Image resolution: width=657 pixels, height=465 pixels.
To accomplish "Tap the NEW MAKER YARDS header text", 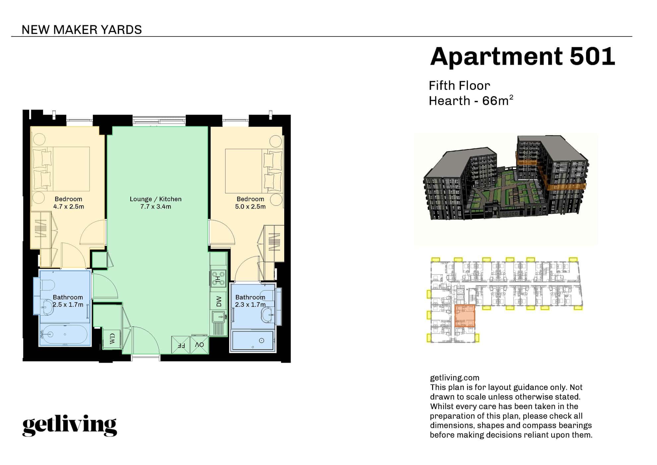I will click(x=82, y=30).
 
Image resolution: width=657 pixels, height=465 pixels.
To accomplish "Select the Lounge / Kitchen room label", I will click(x=156, y=199).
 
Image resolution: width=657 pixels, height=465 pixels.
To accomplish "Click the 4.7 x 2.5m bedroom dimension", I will click(x=69, y=207).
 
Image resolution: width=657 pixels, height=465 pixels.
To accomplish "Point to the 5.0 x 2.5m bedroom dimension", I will click(x=250, y=207).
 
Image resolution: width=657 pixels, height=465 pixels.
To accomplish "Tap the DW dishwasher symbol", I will click(x=219, y=302).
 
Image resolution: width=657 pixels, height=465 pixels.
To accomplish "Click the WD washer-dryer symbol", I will click(x=112, y=339).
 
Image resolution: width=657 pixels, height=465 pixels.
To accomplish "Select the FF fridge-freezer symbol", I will click(x=181, y=345).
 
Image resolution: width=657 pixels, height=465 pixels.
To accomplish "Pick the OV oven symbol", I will click(x=199, y=345).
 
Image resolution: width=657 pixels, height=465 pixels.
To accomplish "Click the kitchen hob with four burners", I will click(x=219, y=278).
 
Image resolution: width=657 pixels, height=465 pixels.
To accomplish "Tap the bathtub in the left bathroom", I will click(x=65, y=334).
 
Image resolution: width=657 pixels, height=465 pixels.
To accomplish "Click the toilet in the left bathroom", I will click(x=48, y=285).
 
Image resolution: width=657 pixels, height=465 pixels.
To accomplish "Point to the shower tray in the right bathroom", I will click(x=253, y=340).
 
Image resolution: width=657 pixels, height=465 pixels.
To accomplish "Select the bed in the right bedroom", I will click(x=254, y=171).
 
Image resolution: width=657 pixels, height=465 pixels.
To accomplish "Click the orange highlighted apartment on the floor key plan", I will click(x=465, y=316).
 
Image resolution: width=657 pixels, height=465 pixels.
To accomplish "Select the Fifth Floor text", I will click(x=459, y=86).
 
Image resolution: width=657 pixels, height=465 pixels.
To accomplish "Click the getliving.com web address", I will click(x=454, y=378).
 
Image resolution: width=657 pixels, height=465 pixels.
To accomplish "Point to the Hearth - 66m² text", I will click(x=471, y=101).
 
